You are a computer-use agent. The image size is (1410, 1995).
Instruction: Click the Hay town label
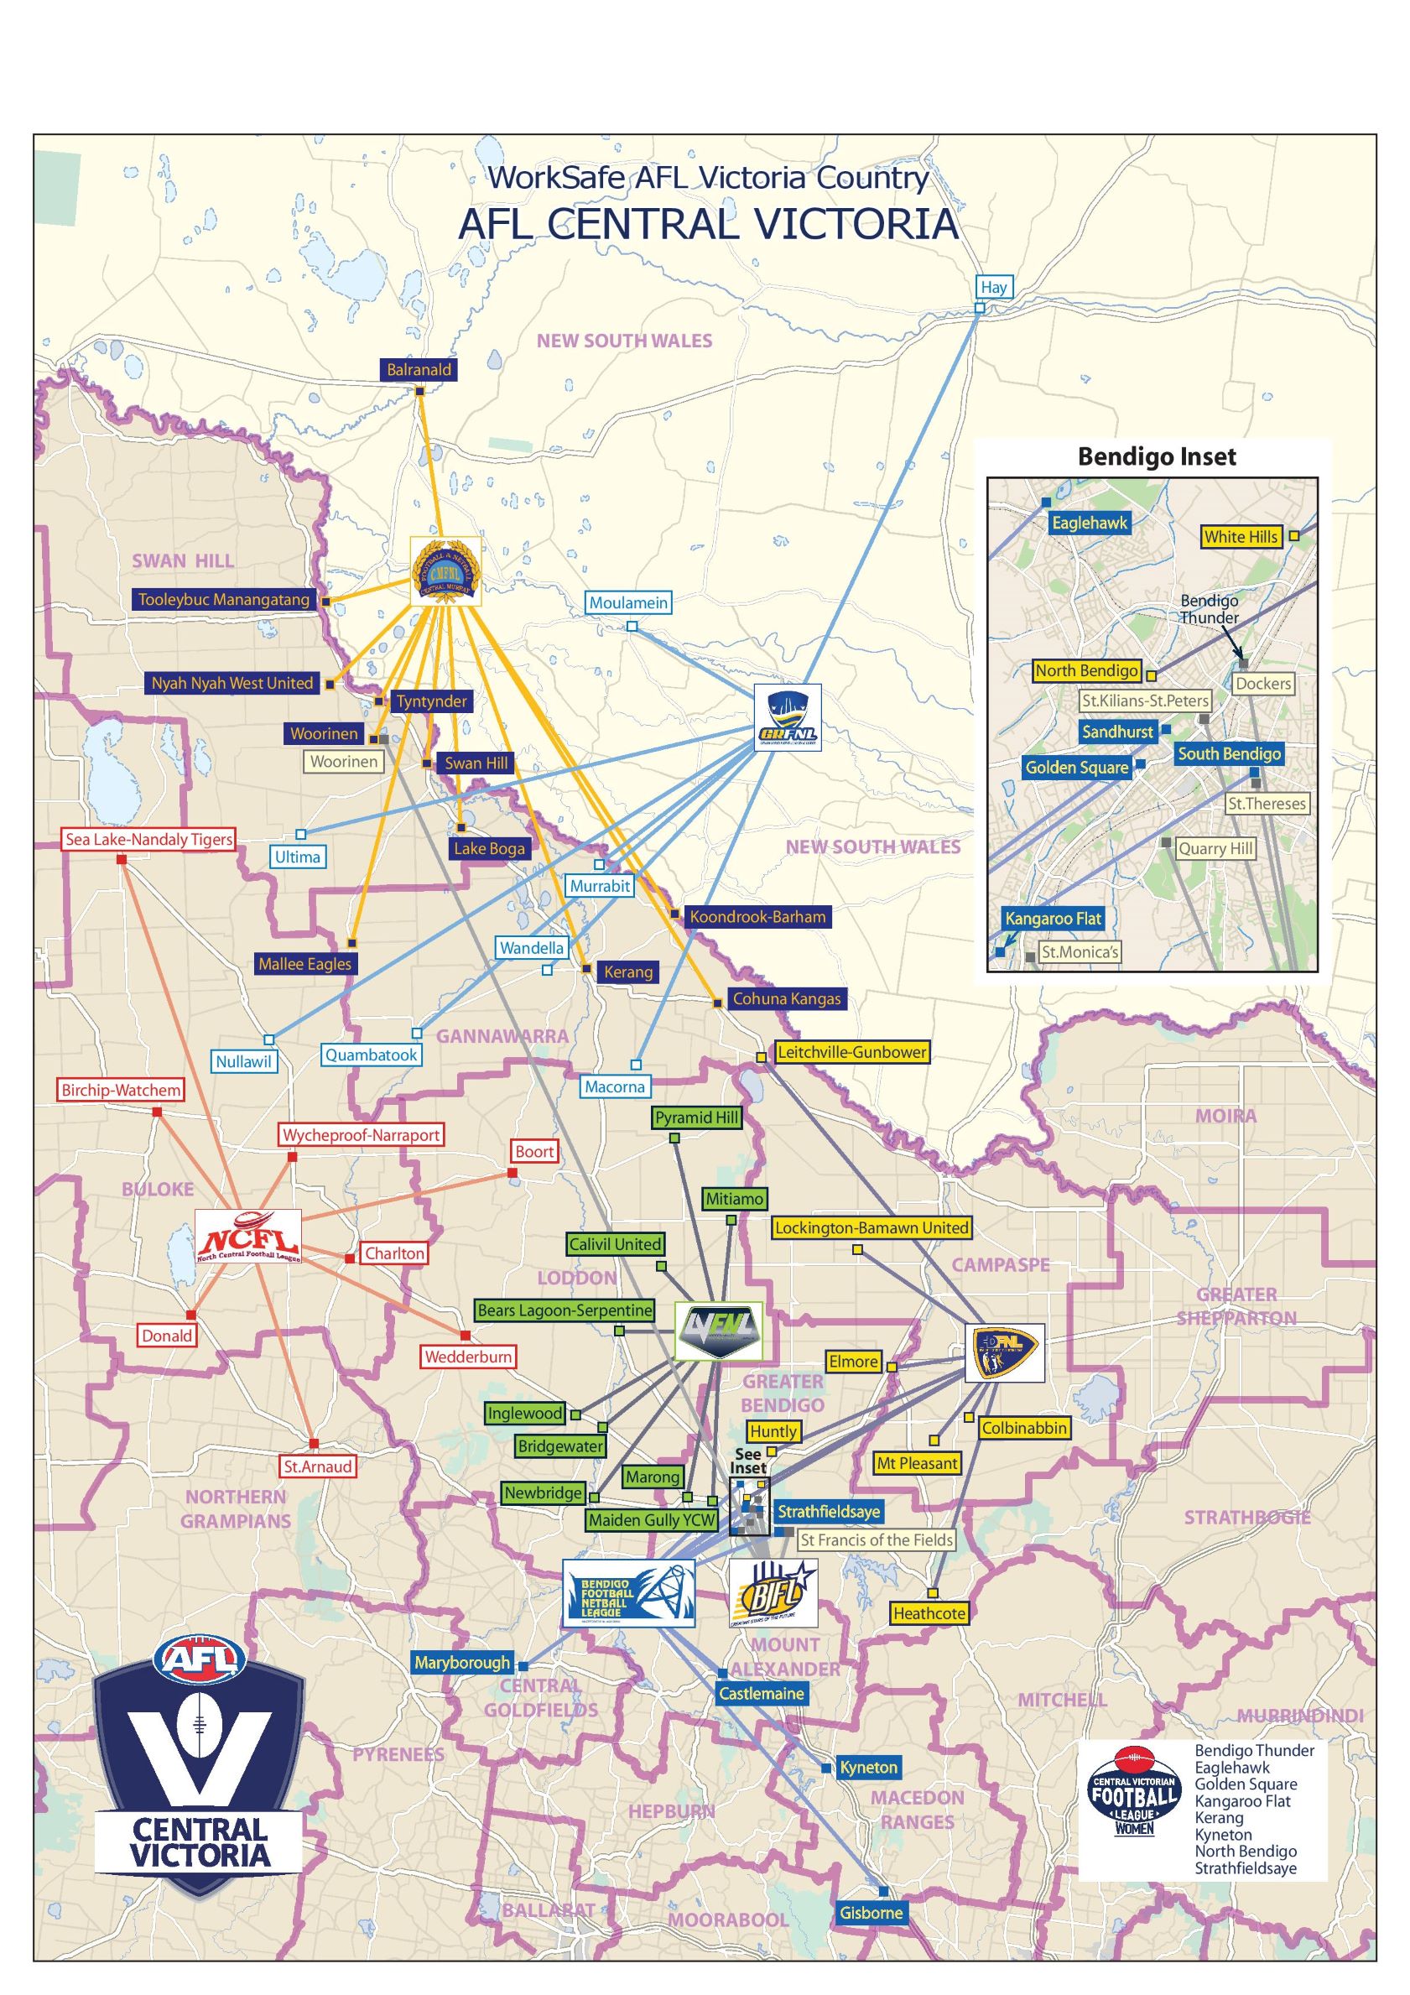coord(993,287)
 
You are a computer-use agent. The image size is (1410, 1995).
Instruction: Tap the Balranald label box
coord(419,369)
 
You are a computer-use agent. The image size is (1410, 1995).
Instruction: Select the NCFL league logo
coord(247,1236)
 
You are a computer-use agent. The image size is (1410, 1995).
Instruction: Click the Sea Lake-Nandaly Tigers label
coord(148,839)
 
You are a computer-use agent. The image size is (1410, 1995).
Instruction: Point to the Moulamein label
coord(628,602)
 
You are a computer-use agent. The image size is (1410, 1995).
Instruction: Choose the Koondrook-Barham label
coord(757,916)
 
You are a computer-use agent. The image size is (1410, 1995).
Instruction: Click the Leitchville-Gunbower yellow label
coord(851,1051)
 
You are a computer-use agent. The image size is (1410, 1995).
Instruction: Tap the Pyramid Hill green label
coord(697,1117)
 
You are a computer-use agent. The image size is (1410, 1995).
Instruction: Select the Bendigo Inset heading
coord(1157,457)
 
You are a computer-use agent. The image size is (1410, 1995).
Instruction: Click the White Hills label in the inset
coord(1241,537)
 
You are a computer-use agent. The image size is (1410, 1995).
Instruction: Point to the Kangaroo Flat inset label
coord(1053,919)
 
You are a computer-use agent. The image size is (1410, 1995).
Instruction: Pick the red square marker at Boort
coord(512,1174)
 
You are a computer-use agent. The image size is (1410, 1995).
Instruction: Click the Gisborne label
coord(871,1913)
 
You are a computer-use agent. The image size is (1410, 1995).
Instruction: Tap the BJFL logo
coord(773,1592)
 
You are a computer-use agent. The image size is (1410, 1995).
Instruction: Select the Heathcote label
coord(929,1613)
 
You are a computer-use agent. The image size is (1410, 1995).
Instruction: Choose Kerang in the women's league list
coord(1218,1818)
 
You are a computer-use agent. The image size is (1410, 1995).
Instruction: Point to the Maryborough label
coord(462,1662)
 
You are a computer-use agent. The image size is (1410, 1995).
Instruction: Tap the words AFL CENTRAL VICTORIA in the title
coord(708,224)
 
